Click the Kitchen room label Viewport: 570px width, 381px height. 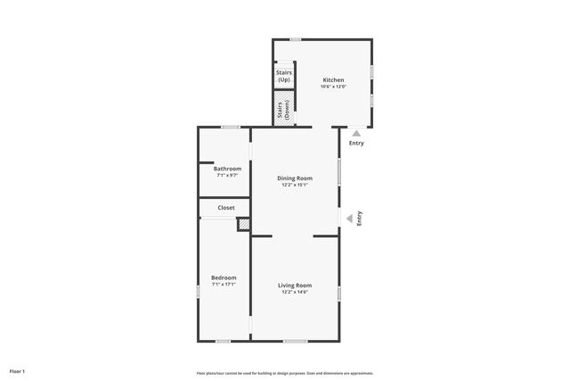click(x=333, y=79)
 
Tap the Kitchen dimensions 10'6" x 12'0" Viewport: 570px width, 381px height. click(x=333, y=87)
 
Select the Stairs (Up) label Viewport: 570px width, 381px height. click(x=284, y=76)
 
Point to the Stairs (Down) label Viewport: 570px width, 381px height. click(x=283, y=110)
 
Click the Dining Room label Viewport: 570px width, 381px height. click(x=295, y=178)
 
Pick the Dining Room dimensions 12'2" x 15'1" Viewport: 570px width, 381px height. click(x=295, y=186)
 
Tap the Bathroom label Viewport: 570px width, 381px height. click(x=227, y=168)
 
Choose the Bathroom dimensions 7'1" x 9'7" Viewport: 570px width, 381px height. click(x=227, y=175)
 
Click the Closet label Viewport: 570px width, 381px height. click(x=226, y=208)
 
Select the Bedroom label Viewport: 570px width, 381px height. click(x=224, y=277)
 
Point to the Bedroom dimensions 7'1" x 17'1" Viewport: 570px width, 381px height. click(x=224, y=285)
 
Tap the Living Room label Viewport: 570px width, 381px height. click(x=295, y=285)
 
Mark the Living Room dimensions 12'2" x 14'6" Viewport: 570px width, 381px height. click(x=295, y=292)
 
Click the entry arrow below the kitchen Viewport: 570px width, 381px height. click(x=356, y=133)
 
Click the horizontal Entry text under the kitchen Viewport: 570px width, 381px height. click(x=356, y=143)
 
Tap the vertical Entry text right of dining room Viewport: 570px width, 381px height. click(x=359, y=217)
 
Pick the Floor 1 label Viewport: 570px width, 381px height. click(x=17, y=370)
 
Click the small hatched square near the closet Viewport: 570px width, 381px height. click(x=242, y=225)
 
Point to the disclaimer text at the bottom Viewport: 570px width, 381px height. click(x=285, y=372)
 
